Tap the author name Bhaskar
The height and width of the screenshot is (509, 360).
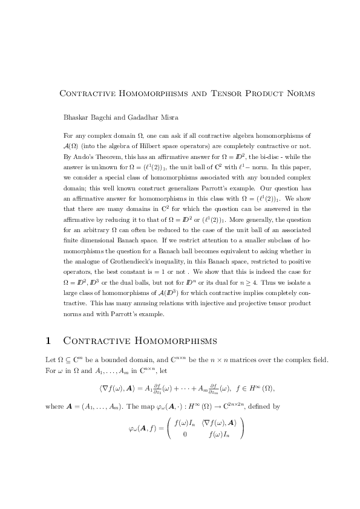pos(78,115)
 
